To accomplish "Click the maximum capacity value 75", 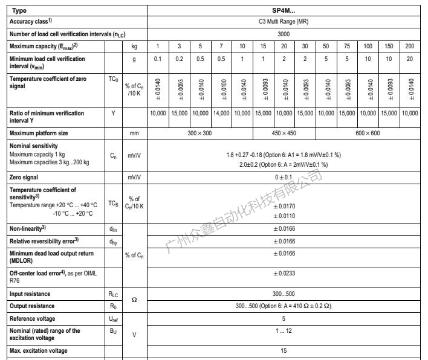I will (363, 47).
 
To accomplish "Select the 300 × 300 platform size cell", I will (198, 133).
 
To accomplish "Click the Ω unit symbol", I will (134, 300).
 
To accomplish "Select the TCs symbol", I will (113, 203).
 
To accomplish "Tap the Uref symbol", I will (113, 318).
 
